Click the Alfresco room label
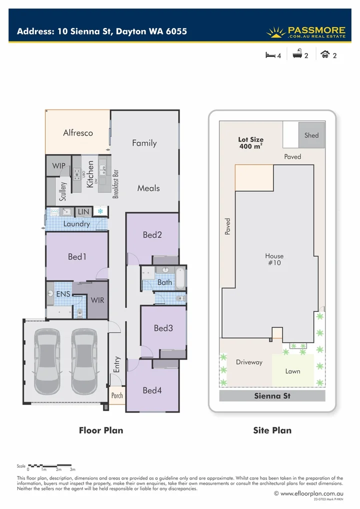[x=78, y=133]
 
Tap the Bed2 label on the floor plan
[x=152, y=234]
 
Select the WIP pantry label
[x=59, y=165]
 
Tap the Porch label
[x=117, y=395]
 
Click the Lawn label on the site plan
[x=292, y=371]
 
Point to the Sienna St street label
[x=272, y=396]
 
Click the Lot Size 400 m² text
[x=250, y=143]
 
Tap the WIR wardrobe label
[x=97, y=300]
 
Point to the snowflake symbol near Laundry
[x=100, y=211]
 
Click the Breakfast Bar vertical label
[x=116, y=183]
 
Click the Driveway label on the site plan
[x=249, y=362]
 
